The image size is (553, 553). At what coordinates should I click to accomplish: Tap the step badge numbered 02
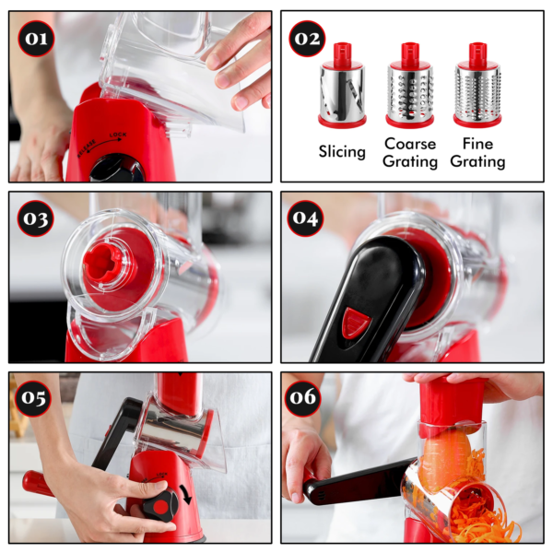308,40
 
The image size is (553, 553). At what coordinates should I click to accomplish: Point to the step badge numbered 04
306,218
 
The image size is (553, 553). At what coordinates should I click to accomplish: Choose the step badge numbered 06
306,398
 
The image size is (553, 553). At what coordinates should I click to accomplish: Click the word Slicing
342,152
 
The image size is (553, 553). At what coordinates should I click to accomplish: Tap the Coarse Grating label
410,153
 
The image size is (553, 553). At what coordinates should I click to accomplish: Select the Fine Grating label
477,153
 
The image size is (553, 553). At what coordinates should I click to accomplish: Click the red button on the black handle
356,323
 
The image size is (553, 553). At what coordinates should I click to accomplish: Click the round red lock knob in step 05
162,506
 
